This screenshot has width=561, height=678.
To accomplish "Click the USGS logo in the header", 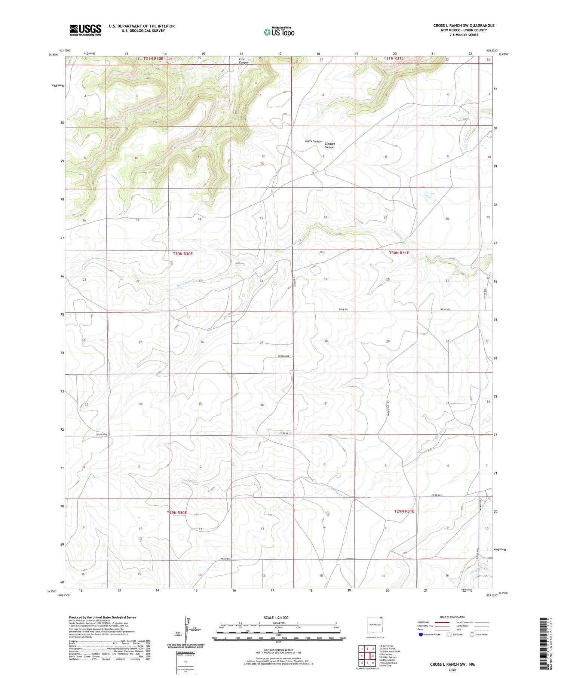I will [85, 30].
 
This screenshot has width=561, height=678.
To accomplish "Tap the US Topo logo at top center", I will [279, 32].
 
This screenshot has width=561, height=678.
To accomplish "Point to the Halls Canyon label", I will [313, 141].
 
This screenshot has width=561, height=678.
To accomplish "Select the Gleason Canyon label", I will [329, 145].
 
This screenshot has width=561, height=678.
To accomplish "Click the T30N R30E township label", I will [183, 254].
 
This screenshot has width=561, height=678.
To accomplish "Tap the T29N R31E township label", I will [404, 511].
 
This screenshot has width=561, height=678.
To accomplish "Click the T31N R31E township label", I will [394, 58].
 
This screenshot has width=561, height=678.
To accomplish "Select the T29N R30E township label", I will [177, 513].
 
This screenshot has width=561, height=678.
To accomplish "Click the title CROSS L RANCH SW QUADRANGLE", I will [463, 25].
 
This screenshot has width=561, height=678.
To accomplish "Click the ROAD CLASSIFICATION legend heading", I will [453, 617].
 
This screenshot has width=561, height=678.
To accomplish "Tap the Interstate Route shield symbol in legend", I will [421, 635].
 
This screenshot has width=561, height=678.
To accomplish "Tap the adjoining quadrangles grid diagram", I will [368, 653].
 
